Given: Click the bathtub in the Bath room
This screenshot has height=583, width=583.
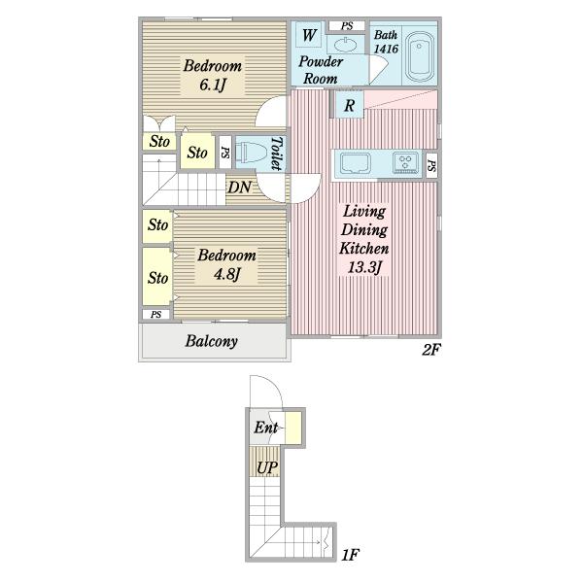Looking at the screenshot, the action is pos(420,57).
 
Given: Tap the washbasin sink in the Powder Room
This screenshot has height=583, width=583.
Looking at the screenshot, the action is pos(346,45).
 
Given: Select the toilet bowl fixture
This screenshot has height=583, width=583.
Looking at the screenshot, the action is pos(252,154).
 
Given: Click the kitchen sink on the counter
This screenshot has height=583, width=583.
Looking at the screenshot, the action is pos(356,163).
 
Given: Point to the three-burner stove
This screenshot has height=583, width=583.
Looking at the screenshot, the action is pos(405,163).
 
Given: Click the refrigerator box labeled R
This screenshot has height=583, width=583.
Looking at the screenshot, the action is pos(350,105).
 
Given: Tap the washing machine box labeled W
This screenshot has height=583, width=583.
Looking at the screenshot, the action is pos(309,35).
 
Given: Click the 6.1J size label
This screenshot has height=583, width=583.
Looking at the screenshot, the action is pos(213,85).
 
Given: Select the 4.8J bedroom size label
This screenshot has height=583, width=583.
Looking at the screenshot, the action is pos(226,274).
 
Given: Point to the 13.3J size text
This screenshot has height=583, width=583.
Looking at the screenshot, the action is pos(364,267).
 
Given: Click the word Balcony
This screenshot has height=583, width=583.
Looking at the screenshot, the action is pos(212,341).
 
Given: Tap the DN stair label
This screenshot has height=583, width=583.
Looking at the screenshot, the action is pos(239,188).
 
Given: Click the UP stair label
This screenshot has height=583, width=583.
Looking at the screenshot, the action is pos(267,467).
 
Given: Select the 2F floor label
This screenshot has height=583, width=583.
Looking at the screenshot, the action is pos(431,350).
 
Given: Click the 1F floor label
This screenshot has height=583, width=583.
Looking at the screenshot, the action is pos(350,555).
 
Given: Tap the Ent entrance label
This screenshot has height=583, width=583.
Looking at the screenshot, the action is pos(266,428).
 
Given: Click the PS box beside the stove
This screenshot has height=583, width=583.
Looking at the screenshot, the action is pos(431,165).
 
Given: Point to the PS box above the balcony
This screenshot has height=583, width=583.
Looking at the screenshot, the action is pos(156,315).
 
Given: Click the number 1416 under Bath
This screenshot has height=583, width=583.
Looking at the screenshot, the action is pos(386,49).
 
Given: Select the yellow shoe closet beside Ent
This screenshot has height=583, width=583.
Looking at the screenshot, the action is pos(293,428).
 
